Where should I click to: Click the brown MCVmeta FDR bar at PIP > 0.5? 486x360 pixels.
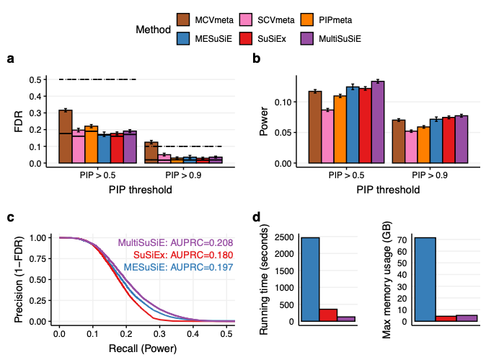(65, 137)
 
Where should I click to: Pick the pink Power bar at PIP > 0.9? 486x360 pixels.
(411, 147)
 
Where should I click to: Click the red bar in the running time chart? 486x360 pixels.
(329, 315)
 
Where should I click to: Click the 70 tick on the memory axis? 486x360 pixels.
(408, 239)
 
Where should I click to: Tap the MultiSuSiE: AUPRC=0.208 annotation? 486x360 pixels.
(176, 243)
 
